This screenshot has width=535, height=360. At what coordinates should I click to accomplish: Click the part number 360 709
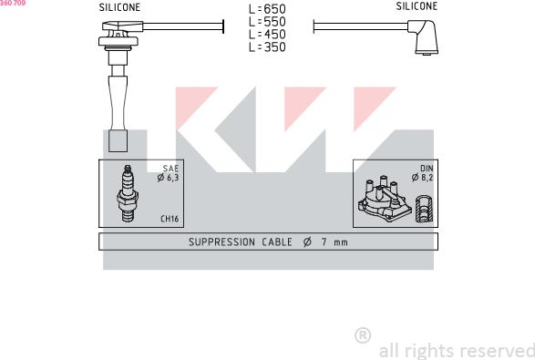point(13,3)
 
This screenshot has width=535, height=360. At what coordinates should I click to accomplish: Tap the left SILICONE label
point(119,7)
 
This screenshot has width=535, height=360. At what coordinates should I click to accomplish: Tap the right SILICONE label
point(417,6)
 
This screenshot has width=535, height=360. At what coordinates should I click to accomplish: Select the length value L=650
point(267,9)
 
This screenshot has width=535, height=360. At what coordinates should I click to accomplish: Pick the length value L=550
point(267,22)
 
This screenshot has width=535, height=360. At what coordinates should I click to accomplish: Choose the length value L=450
point(267,35)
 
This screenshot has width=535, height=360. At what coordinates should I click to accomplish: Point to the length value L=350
point(267,47)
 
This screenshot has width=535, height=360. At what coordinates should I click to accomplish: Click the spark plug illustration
point(128,193)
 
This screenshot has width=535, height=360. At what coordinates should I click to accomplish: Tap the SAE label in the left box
point(170,169)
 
